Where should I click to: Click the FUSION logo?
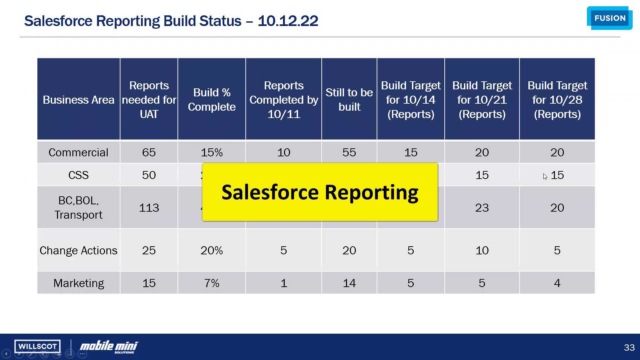[x=610, y=18]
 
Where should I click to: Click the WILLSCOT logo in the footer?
[x=37, y=346]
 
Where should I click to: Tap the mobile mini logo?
[x=109, y=347]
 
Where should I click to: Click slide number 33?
[x=629, y=347]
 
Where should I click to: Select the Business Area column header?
[x=78, y=100]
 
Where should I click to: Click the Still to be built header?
[x=349, y=99]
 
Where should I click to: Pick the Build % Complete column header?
[x=212, y=99]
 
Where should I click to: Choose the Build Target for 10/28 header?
[x=557, y=99]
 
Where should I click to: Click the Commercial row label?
[x=78, y=152]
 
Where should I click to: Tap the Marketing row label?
[x=78, y=283]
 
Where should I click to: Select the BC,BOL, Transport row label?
[x=78, y=207]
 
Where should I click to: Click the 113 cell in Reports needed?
[x=149, y=208]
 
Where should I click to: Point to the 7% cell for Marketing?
[x=212, y=283]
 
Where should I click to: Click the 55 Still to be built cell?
[x=349, y=152]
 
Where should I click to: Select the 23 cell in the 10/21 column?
[x=482, y=208]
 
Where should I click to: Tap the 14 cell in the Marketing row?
[x=349, y=283]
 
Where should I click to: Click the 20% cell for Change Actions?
[x=212, y=250]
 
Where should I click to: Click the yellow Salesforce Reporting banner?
[x=320, y=192]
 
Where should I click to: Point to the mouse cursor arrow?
[x=545, y=176]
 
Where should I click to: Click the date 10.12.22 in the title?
[x=288, y=21]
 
